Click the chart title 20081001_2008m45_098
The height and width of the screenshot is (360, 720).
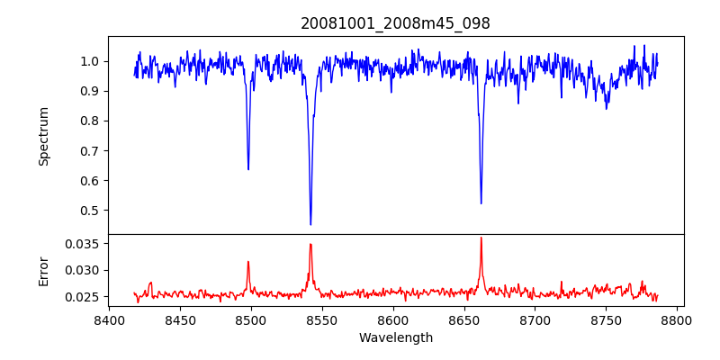395,23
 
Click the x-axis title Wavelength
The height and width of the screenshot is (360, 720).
395,338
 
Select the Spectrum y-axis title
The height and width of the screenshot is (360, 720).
43,136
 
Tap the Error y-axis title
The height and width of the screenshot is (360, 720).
43,270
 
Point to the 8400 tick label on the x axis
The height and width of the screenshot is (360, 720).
109,319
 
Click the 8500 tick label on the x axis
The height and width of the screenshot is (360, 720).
251,319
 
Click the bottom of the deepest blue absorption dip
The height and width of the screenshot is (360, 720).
310,224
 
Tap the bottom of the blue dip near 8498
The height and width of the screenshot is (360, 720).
248,169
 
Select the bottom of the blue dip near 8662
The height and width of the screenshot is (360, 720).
481,203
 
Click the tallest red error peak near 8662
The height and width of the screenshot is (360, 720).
481,238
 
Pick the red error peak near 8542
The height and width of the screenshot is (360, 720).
310,244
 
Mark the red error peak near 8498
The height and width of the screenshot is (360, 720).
248,262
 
